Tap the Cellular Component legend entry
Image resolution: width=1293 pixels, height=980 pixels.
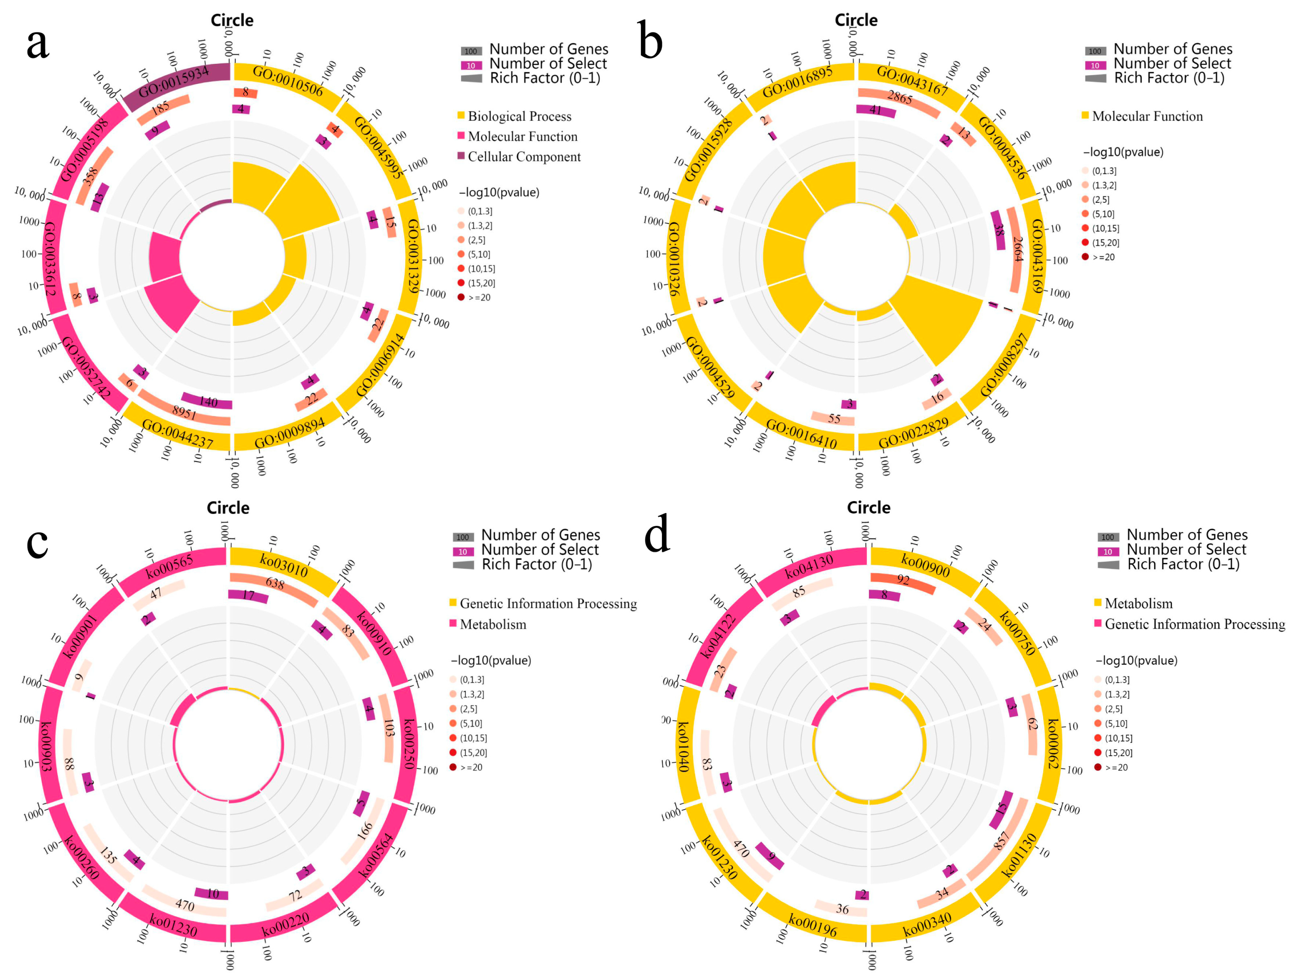[x=524, y=157]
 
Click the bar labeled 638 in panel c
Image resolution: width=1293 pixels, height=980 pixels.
[x=275, y=584]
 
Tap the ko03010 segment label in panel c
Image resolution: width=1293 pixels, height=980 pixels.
[x=284, y=565]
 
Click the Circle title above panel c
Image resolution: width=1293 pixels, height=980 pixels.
[x=228, y=507]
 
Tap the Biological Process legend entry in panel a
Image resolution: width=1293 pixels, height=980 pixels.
[x=519, y=116]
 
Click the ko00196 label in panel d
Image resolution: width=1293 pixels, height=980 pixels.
[x=813, y=925]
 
